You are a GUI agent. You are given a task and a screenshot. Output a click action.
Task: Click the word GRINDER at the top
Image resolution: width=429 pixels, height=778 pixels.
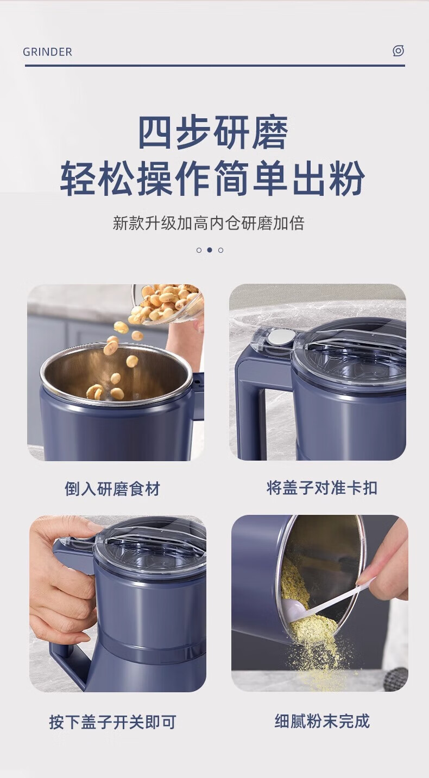pyautogui.click(x=47, y=52)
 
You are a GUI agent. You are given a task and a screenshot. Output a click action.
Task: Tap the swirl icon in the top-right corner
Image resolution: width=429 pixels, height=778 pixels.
pyautogui.click(x=398, y=50)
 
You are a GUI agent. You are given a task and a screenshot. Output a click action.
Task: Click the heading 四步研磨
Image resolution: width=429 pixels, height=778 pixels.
pyautogui.click(x=213, y=133)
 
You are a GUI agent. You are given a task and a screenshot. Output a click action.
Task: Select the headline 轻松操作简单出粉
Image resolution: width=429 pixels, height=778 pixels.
pyautogui.click(x=212, y=178)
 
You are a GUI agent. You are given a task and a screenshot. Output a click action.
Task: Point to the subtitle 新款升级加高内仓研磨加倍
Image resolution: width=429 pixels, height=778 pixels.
pyautogui.click(x=209, y=223)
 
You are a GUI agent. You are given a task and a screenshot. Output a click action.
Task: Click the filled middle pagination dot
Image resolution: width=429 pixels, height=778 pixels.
pyautogui.click(x=210, y=250)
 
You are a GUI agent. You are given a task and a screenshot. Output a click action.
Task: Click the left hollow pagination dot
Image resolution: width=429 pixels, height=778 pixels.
pyautogui.click(x=199, y=250)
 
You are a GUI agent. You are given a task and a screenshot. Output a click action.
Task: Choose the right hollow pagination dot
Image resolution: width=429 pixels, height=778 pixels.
pyautogui.click(x=221, y=250)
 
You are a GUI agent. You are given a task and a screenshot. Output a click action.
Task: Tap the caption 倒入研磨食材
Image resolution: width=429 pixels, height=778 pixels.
pyautogui.click(x=112, y=489)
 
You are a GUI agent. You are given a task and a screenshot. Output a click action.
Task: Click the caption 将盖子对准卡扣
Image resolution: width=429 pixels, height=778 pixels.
pyautogui.click(x=322, y=488)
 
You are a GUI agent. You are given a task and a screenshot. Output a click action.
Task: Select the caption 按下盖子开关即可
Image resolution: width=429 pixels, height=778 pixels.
pyautogui.click(x=112, y=722)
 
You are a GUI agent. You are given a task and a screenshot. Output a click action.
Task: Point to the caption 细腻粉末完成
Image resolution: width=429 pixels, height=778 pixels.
pyautogui.click(x=322, y=721)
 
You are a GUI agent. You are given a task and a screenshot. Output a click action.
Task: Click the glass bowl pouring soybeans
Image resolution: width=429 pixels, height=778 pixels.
pyautogui.click(x=167, y=304)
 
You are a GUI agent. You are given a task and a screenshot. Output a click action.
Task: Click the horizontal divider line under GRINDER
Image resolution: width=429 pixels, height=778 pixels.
pyautogui.click(x=215, y=65)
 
